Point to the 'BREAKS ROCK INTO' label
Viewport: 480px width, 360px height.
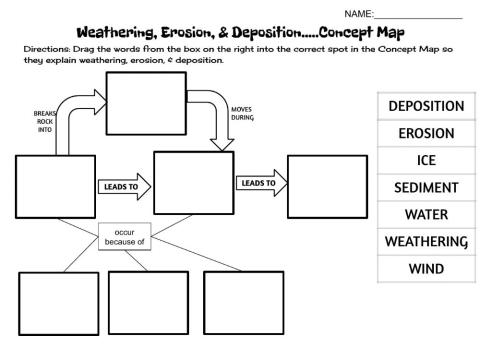pyautogui.click(x=45, y=121)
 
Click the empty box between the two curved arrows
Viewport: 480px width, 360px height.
pyautogui.click(x=145, y=100)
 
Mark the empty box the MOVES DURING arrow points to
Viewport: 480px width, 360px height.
pyautogui.click(x=193, y=184)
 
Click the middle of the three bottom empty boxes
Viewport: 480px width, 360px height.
pyautogui.click(x=147, y=302)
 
